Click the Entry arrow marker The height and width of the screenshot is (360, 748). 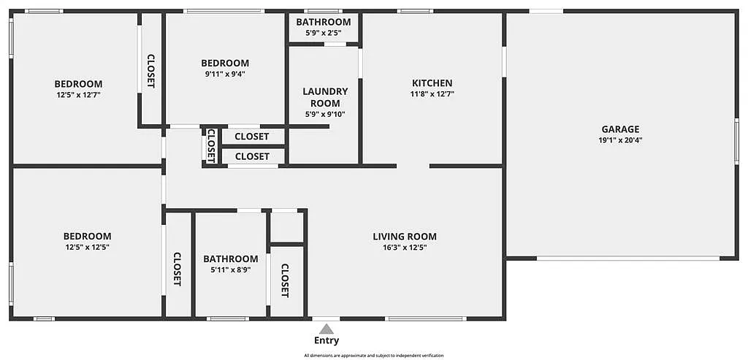coord(327,329)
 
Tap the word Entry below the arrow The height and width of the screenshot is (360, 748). coord(327,340)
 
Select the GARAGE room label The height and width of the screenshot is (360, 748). coord(620,129)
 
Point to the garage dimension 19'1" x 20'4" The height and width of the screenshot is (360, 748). coord(620,140)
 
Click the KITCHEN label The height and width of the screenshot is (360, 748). coord(432,83)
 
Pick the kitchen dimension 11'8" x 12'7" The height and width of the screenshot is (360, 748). coord(432,93)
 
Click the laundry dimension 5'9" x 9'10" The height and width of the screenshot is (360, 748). coord(325,114)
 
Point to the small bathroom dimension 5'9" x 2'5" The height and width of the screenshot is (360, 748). coord(324,33)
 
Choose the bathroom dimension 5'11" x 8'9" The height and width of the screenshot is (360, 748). coord(230,269)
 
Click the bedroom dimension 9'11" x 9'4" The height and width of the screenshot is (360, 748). coord(225,74)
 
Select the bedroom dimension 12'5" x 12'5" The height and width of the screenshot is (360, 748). coord(87,247)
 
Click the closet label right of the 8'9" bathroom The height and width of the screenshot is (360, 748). coord(285,280)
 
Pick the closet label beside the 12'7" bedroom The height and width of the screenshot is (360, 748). coord(151,71)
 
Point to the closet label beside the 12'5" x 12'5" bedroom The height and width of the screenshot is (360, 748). coord(178,269)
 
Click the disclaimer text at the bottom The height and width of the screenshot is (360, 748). coord(373,356)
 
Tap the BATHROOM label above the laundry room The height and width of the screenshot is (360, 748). coord(324,23)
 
